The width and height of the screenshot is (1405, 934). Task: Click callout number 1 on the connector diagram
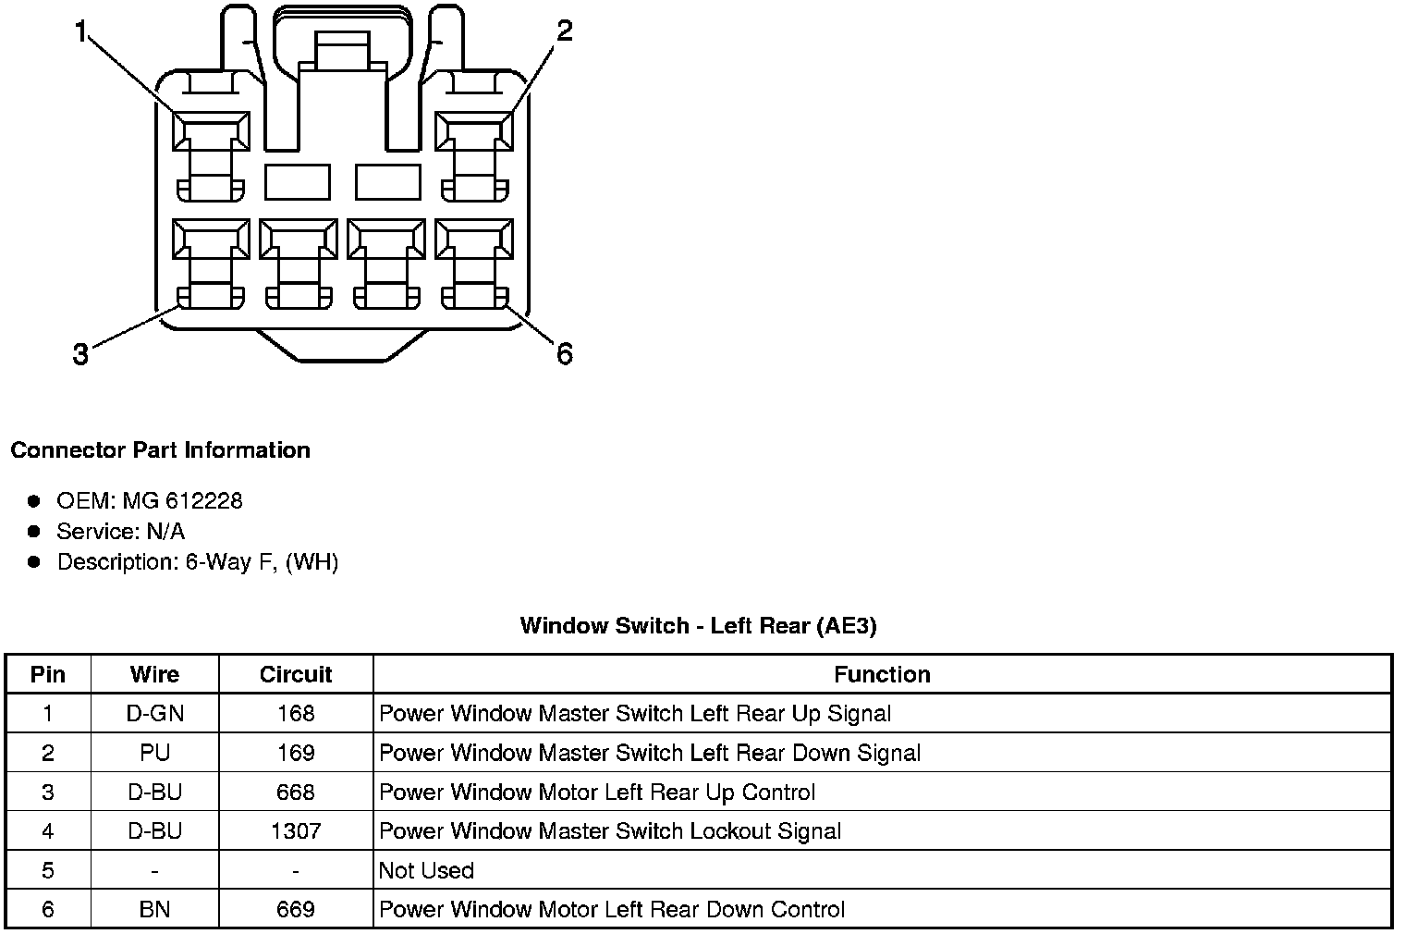(81, 33)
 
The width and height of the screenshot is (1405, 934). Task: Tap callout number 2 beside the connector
(564, 32)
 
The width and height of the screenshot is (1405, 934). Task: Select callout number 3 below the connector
(81, 353)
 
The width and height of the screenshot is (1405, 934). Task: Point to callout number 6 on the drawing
(564, 353)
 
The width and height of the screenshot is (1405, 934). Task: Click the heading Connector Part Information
(160, 450)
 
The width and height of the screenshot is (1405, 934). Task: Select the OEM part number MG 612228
(182, 501)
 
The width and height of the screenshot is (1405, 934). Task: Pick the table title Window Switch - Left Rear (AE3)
(698, 626)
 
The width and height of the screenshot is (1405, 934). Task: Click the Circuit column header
(296, 675)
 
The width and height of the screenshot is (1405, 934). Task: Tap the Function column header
(882, 675)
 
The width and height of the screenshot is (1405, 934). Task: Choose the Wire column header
(154, 675)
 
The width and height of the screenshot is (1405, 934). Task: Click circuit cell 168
(296, 714)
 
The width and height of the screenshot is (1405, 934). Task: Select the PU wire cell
(154, 753)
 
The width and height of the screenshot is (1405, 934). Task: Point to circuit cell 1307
(296, 831)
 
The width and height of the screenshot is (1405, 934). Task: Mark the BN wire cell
(154, 910)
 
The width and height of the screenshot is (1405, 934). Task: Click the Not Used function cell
(426, 871)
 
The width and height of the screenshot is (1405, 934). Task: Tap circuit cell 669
(296, 910)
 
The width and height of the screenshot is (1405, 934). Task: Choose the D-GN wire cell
(154, 714)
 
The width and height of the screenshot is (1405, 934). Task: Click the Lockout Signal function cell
(610, 831)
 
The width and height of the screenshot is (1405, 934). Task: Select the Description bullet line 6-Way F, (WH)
(198, 562)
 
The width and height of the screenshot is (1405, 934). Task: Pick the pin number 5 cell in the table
(48, 871)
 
